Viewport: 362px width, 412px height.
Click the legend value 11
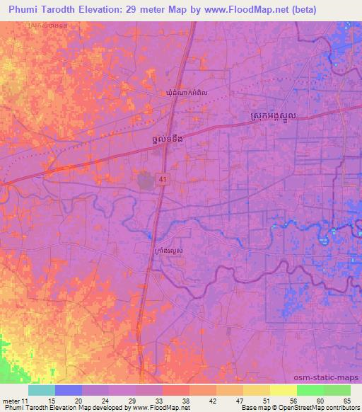[26, 401]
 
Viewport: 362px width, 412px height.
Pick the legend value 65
[347, 401]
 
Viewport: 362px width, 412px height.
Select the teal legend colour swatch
[42, 390]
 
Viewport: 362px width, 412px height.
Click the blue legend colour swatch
[69, 390]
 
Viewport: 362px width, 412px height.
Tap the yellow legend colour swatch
[283, 390]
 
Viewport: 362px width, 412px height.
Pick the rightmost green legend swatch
[337, 390]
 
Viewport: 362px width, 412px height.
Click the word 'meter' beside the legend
[10, 401]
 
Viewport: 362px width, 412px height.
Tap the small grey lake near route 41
[146, 181]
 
